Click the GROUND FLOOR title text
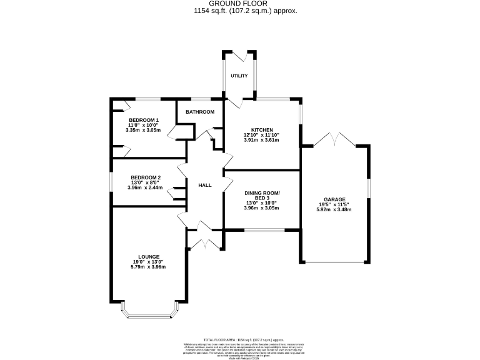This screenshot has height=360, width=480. pyautogui.click(x=239, y=3)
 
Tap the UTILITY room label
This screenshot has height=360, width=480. pyautogui.click(x=239, y=76)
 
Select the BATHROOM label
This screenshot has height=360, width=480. pyautogui.click(x=200, y=112)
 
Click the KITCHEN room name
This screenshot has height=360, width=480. pyautogui.click(x=262, y=130)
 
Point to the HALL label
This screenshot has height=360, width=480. pyautogui.click(x=204, y=186)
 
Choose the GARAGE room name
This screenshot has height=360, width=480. pyautogui.click(x=334, y=200)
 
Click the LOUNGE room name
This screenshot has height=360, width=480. pyautogui.click(x=148, y=256)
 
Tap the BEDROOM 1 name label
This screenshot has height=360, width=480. pyautogui.click(x=144, y=120)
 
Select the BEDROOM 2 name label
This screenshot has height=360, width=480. pyautogui.click(x=144, y=177)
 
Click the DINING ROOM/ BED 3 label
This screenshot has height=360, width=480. pyautogui.click(x=262, y=195)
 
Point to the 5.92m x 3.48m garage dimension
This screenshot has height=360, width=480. pyautogui.click(x=334, y=210)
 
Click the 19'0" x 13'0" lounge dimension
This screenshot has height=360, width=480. pyautogui.click(x=148, y=262)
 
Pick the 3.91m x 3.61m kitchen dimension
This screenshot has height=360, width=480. pyautogui.click(x=262, y=140)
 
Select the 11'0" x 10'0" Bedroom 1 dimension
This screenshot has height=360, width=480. pyautogui.click(x=144, y=125)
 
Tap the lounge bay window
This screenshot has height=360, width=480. pyautogui.click(x=149, y=312)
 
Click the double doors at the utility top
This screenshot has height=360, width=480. pyautogui.click(x=239, y=54)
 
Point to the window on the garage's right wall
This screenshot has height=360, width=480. pyautogui.click(x=367, y=187)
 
